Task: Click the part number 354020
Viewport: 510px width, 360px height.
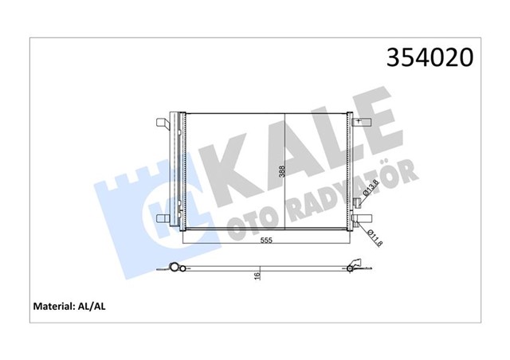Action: click(430, 57)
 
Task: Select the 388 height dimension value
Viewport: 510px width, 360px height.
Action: click(281, 171)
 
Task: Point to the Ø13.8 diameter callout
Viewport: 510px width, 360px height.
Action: click(371, 187)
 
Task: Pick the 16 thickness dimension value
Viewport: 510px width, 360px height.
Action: click(257, 276)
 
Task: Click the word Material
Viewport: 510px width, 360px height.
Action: click(54, 307)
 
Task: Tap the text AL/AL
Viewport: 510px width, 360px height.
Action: click(92, 307)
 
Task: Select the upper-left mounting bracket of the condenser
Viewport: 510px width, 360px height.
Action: click(163, 124)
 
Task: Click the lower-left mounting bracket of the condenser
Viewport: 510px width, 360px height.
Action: click(163, 218)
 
